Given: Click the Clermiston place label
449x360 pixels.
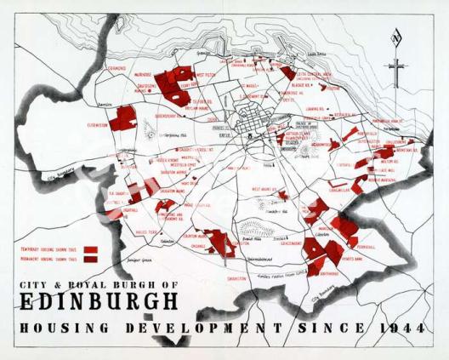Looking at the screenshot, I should pos(97,125).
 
